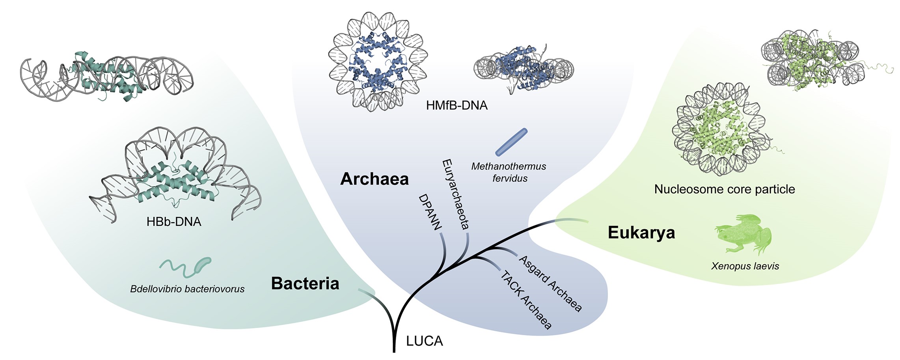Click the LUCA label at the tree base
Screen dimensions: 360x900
coord(424,341)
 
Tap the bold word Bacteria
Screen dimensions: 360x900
coord(305,284)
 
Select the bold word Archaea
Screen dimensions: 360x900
coord(374,179)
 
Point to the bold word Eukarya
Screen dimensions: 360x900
coord(641,233)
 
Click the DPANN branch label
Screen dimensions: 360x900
coord(430,212)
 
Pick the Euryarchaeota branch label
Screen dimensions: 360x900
coord(456,194)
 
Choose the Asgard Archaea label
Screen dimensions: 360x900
coord(550,284)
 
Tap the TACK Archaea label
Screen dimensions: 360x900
coord(525,300)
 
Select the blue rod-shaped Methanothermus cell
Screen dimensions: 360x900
coord(511,142)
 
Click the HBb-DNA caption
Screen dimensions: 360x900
coord(174,222)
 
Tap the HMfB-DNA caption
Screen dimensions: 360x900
coord(457,105)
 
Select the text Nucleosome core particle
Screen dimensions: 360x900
coord(724,189)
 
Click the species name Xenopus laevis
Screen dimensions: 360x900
coord(745,266)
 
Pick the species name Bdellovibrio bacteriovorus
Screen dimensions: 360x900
coord(187,289)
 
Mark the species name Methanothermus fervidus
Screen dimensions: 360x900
coord(509,172)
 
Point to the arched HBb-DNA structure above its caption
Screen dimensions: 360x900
coord(175,173)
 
